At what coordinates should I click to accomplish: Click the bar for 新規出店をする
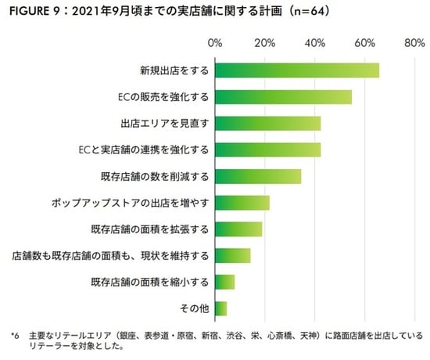297,70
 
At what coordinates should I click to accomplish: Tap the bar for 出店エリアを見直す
267,124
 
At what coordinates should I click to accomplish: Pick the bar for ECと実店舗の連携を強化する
267,149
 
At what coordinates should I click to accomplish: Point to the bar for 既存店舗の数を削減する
258,176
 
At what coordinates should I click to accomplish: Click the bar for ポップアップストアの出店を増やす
242,203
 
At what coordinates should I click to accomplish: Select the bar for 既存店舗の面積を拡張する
238,229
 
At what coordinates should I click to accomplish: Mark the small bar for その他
220,308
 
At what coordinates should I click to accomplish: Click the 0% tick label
215,42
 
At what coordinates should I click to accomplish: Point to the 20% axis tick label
265,42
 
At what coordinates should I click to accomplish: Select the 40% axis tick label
315,42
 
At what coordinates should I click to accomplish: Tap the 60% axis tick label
365,42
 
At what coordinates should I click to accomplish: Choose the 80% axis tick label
414,42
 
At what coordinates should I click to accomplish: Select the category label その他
192,308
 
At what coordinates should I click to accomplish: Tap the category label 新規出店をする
170,70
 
